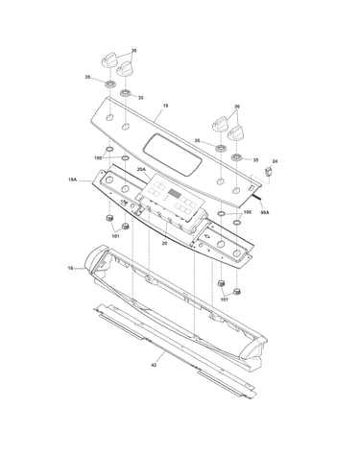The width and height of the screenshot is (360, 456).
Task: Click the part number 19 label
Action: pos(165,106)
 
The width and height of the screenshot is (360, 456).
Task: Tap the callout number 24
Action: pos(275,161)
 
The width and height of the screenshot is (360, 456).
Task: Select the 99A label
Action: pos(265,212)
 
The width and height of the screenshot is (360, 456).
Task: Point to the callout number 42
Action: pos(154,365)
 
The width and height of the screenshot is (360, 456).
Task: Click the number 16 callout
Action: pos(71,268)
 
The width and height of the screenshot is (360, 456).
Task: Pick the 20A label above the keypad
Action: pos(141,169)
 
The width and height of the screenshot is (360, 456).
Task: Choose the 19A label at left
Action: pos(72,180)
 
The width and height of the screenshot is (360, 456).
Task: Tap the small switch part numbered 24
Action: pos(268,172)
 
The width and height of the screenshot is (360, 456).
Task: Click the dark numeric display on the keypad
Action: pos(175,193)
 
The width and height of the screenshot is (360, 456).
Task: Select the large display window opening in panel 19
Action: pos(173,155)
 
